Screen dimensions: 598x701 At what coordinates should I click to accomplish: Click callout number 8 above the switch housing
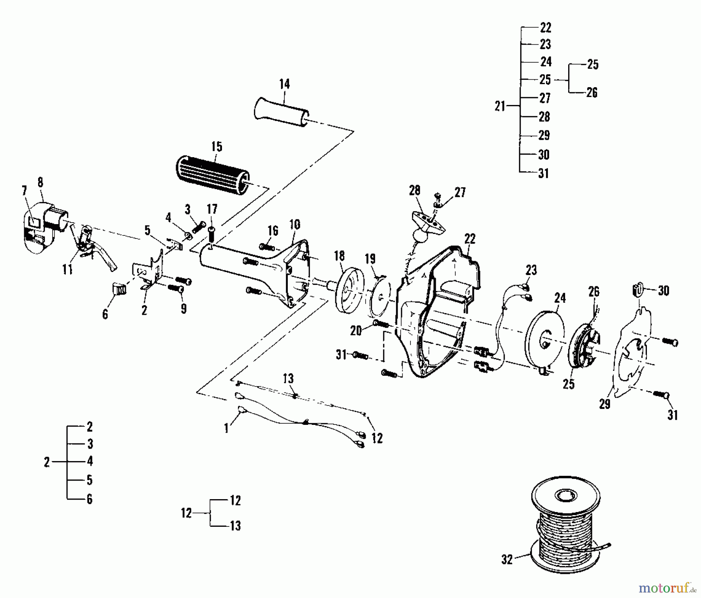click(x=40, y=182)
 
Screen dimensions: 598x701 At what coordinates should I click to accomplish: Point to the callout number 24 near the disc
click(x=560, y=298)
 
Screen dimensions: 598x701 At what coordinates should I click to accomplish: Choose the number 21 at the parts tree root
click(x=500, y=106)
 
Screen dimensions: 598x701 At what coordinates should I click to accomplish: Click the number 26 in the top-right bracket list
click(x=592, y=93)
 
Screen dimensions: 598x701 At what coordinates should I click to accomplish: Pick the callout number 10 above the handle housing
click(x=295, y=224)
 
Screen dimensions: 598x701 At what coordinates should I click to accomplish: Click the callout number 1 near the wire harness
click(x=226, y=428)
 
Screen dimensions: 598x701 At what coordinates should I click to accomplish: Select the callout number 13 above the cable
click(x=288, y=378)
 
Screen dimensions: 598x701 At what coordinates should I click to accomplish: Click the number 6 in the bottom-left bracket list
click(x=90, y=499)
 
